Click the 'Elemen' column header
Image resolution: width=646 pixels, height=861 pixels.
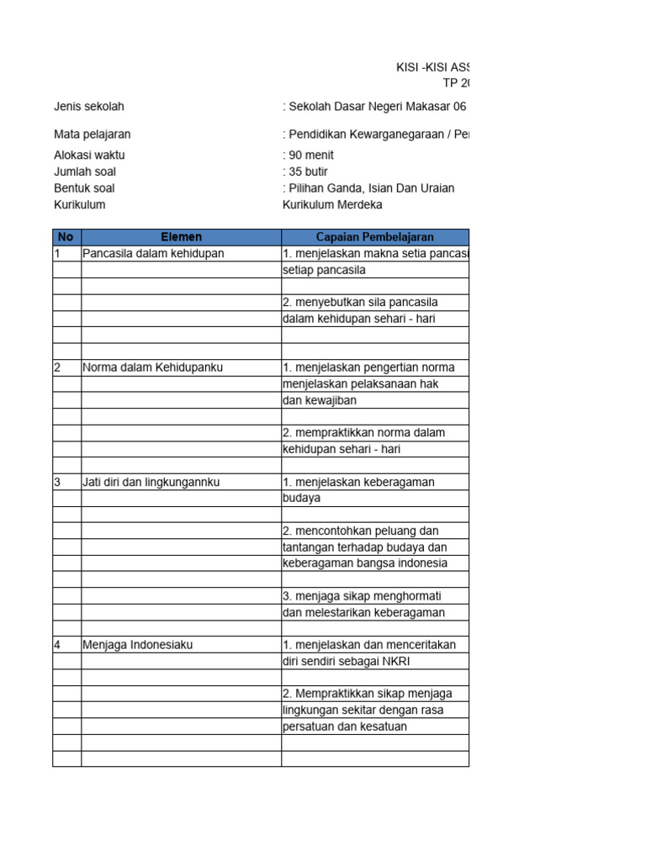coord(181,237)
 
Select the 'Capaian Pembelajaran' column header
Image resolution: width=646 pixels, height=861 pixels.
coord(374,237)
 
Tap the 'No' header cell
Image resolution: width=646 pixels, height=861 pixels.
coord(66,237)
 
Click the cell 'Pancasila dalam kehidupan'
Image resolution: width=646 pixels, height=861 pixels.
coord(153,253)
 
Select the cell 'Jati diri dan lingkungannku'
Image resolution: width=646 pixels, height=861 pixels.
coord(151,482)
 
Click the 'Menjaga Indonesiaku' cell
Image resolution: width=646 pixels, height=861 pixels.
coord(138,645)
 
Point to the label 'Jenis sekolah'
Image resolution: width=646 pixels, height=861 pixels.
coord(89,107)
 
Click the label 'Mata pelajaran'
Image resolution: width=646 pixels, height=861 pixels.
coord(93,135)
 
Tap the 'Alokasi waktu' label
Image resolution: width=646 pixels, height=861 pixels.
coord(89,156)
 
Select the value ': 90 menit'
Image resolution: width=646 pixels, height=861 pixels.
coord(309,156)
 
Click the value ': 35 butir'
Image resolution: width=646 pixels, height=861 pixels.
coord(306,172)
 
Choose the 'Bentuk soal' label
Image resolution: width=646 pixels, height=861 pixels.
coord(84,188)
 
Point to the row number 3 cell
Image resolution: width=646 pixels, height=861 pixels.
coord(66,482)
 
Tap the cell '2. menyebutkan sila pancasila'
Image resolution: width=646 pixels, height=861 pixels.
coord(360,302)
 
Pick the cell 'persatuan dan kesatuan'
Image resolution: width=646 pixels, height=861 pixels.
coord(345,726)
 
